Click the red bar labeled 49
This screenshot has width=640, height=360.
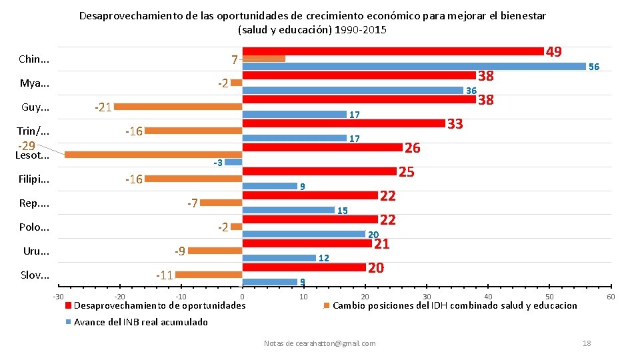393,51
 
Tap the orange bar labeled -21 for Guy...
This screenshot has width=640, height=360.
178,106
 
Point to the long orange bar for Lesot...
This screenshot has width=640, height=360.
153,155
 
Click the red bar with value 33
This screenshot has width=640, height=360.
343,123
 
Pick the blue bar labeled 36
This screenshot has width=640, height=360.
353,91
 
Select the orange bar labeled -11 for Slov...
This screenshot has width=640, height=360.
209,275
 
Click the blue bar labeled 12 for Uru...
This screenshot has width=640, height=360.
279,258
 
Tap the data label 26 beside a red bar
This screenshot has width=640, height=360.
413,147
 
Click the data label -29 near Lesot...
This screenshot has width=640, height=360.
27,145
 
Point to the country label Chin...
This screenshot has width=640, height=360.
34,59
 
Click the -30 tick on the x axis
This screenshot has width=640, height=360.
59,296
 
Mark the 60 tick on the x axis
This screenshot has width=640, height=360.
611,296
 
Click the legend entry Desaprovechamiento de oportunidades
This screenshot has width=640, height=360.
159,305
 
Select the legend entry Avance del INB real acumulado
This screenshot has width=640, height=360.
141,322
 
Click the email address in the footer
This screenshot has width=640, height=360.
319,343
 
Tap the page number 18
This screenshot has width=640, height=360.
587,343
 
